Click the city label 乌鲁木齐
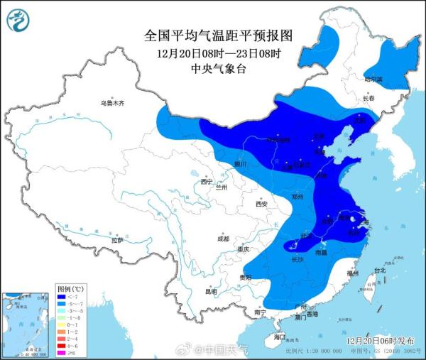111,104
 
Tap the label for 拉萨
116,241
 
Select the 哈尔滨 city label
373,78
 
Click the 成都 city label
224,238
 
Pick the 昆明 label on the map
211,291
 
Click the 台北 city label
380,271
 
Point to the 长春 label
368,98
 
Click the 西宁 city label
207,182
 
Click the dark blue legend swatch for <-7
62,299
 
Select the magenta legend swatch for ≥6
62,353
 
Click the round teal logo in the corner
19,20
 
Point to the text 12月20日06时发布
382,341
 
